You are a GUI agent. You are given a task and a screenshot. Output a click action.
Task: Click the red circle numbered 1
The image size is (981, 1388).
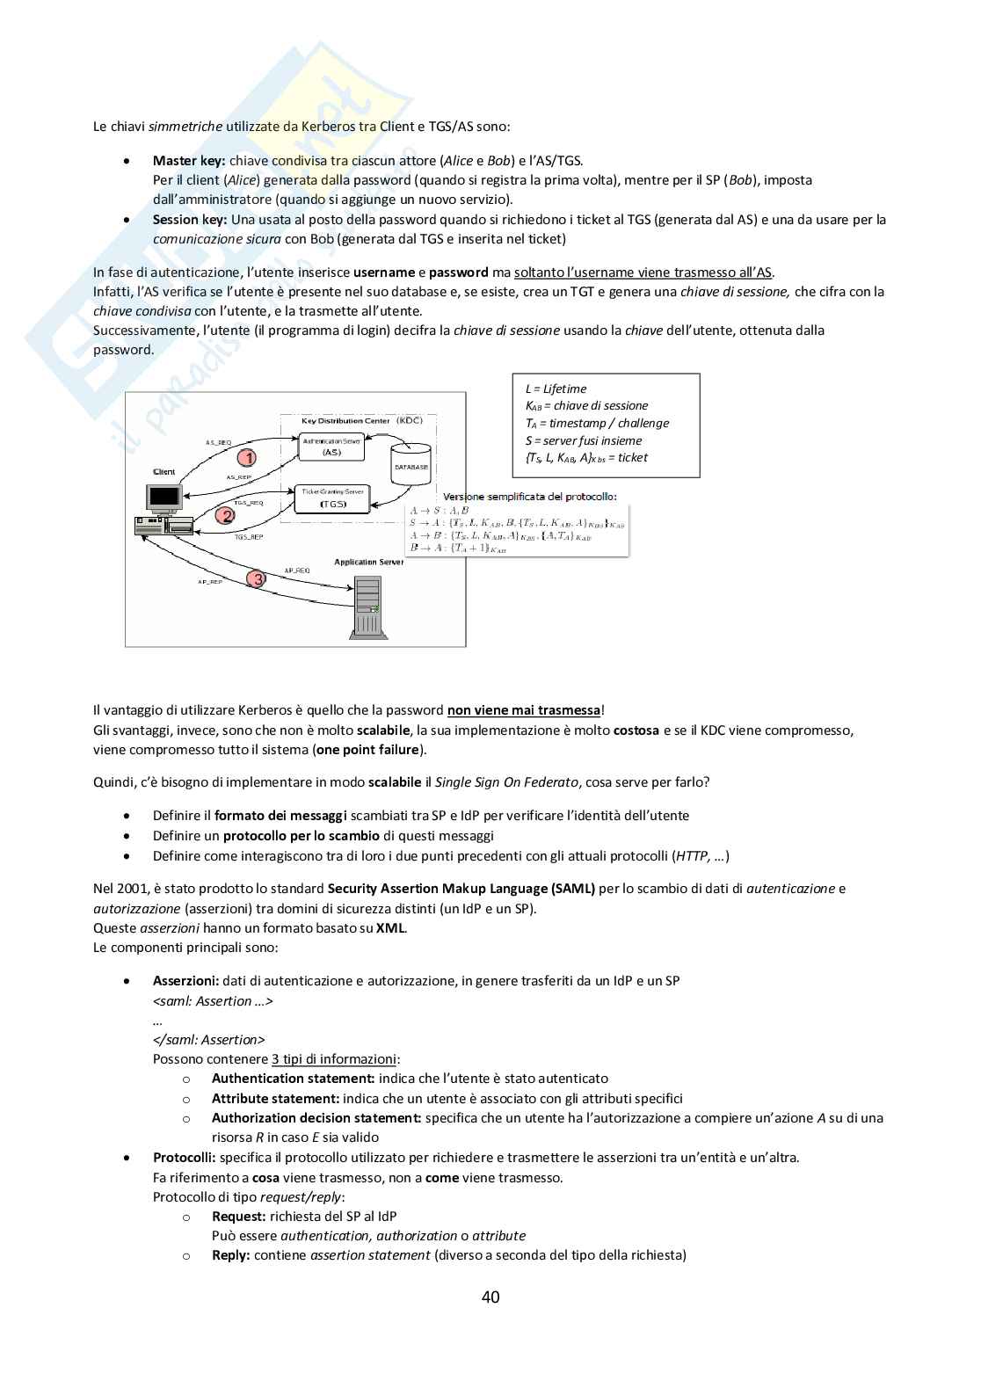click(248, 458)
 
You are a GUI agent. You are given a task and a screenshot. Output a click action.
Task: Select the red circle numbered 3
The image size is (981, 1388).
click(257, 578)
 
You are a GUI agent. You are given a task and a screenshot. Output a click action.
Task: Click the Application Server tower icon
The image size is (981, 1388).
click(367, 607)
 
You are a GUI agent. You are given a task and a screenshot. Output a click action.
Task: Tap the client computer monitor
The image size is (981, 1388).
click(163, 499)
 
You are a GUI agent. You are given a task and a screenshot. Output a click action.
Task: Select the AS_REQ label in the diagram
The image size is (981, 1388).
click(218, 442)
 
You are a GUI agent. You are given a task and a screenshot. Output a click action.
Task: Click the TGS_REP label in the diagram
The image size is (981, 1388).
click(248, 536)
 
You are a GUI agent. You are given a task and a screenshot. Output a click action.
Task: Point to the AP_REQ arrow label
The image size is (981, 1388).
click(297, 570)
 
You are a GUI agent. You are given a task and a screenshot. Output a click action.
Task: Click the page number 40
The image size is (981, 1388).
click(490, 1297)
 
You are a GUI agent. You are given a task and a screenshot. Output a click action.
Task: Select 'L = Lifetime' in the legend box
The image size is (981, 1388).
click(556, 389)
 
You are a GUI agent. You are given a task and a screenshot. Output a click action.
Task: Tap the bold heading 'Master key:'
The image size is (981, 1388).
click(189, 161)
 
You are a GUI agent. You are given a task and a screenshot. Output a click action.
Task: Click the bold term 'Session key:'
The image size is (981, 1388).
click(190, 220)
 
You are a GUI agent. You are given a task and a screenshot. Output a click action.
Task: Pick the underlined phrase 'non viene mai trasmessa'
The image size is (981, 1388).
click(524, 710)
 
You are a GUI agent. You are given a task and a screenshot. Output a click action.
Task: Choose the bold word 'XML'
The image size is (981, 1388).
click(390, 928)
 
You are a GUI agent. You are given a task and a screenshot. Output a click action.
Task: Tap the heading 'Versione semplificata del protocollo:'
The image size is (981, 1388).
click(530, 497)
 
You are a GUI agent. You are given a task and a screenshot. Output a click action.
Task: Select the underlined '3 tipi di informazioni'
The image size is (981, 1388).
click(334, 1059)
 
